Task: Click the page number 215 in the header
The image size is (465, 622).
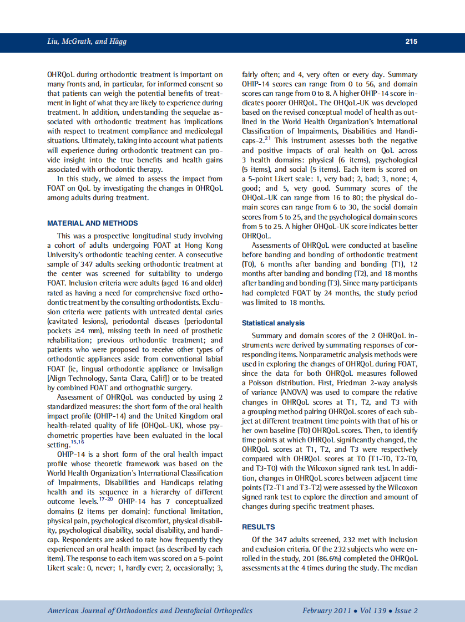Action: pos(411,42)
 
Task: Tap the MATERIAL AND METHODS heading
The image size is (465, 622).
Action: pos(93,223)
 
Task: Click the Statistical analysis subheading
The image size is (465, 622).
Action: pos(273,323)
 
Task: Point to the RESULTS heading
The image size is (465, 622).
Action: pos(259,527)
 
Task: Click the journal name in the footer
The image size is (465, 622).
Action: pos(150,610)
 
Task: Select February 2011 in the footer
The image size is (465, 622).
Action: pos(326,610)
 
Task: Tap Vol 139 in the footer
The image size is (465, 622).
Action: pos(372,610)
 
